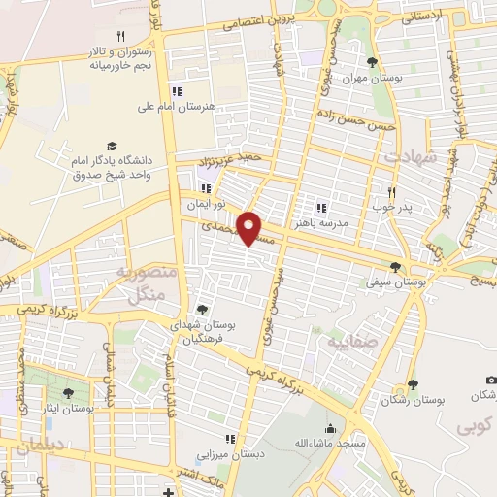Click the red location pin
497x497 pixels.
(x=250, y=227)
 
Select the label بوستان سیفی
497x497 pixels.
(x=397, y=281)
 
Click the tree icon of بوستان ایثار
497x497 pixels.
(x=68, y=393)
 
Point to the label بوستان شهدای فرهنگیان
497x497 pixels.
(x=197, y=332)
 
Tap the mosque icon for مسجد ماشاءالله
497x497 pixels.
(x=330, y=428)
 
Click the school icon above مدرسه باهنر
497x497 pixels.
(x=320, y=207)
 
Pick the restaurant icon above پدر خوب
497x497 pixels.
(x=391, y=192)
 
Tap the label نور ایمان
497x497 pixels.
(x=207, y=206)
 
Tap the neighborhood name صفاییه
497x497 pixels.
(x=348, y=342)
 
